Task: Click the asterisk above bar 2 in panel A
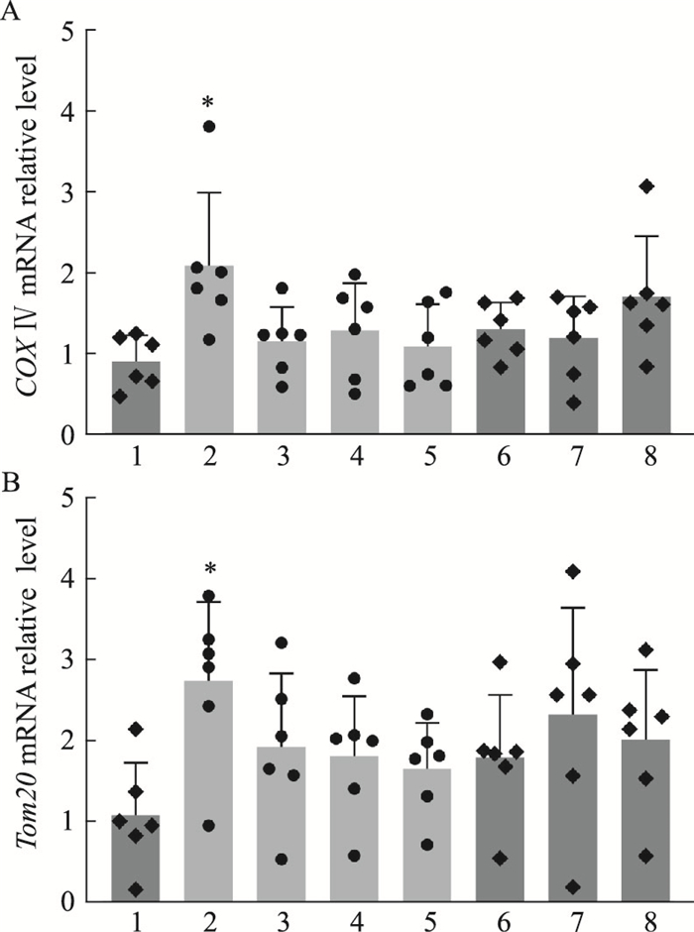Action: [x=208, y=103]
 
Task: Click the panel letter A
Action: [x=11, y=12]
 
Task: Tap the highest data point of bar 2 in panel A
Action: [x=208, y=126]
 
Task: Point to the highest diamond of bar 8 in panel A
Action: [x=647, y=186]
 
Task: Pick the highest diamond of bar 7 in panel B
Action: [x=573, y=572]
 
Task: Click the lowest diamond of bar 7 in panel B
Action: [x=573, y=887]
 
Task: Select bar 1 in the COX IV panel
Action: [x=136, y=398]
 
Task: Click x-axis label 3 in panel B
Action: [x=282, y=923]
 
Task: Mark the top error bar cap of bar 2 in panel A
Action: [x=208, y=192]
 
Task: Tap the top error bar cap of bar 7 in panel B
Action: [x=573, y=608]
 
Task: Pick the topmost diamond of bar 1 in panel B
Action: [x=136, y=730]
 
